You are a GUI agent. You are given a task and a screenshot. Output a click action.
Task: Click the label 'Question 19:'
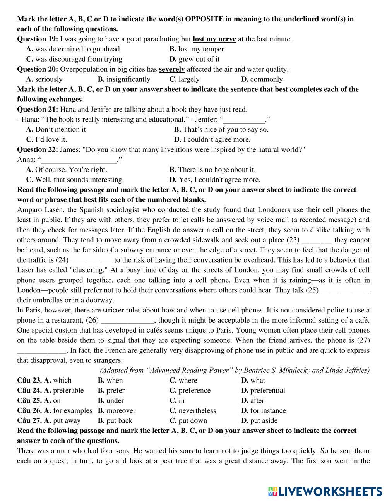[38, 39]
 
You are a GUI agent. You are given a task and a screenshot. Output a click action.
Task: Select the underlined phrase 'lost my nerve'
[214, 39]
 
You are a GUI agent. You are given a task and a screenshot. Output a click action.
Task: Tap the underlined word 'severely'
[171, 69]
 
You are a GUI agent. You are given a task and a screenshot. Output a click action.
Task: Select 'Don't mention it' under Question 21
[60, 129]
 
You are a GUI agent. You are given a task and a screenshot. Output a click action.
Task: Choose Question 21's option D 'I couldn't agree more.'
[216, 139]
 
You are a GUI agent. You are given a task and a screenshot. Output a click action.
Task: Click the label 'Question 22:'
[38, 149]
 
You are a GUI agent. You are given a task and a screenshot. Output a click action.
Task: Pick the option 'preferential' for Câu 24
[267, 391]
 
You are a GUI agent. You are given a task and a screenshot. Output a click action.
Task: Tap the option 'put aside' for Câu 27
[264, 421]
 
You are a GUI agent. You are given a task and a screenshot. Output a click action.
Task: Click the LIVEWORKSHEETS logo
[325, 491]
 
